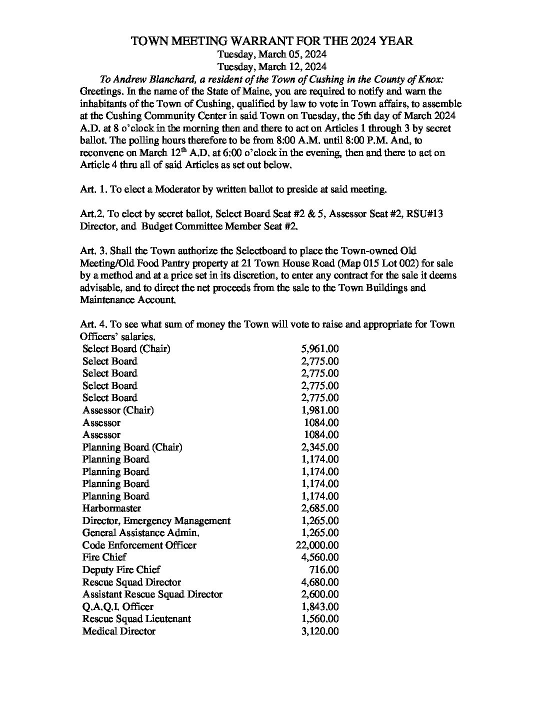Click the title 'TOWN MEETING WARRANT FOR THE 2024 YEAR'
click(x=271, y=41)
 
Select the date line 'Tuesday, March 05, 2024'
click(x=272, y=54)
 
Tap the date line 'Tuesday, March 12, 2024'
click(x=272, y=66)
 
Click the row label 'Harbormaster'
click(x=111, y=508)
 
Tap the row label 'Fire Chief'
click(x=104, y=557)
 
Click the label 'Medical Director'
click(x=118, y=631)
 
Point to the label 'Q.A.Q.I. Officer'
click(x=117, y=606)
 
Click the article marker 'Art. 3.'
click(x=93, y=250)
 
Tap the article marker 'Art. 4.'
click(x=93, y=324)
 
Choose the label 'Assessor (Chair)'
click(x=118, y=410)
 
